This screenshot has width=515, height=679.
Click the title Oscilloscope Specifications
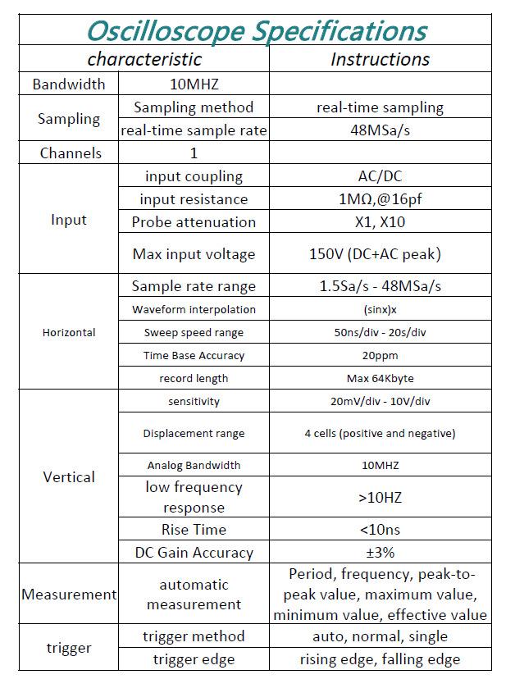256,31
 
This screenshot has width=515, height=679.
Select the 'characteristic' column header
144,59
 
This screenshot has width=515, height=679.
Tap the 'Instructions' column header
380,59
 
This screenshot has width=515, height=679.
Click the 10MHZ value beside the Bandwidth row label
194,84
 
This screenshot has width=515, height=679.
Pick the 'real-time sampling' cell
380,107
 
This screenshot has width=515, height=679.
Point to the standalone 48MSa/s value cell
380,130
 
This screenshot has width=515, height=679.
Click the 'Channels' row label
71,153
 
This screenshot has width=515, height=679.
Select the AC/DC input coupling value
380,176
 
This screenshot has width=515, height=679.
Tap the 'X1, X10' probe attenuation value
380,222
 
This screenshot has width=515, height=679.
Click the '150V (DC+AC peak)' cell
380,254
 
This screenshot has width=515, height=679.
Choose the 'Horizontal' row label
69,332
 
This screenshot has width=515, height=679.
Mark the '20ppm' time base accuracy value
380,355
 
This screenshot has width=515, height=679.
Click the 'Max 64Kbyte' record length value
380,378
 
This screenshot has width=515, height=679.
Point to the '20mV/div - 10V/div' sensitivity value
380,401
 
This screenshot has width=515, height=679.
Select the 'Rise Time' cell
194,530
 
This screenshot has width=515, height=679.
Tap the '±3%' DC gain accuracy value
380,553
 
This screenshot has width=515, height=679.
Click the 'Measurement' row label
69,595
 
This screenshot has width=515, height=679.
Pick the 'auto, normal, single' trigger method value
380,636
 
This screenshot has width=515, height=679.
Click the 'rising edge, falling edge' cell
380,659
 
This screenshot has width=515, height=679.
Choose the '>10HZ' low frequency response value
380,498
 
